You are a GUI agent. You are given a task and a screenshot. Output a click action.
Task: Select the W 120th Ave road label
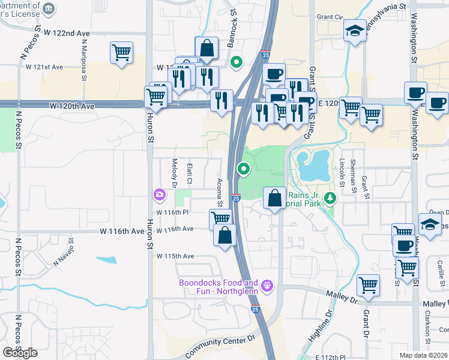(72, 106)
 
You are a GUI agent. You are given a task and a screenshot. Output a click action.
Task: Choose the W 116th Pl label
(173, 212)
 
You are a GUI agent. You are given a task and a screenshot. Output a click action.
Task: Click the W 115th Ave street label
(175, 256)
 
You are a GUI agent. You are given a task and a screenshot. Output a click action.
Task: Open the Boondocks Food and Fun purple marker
(268, 284)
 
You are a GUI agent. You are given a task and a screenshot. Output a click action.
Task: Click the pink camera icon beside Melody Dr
(159, 194)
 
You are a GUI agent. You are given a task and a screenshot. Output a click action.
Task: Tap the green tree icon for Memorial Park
(330, 197)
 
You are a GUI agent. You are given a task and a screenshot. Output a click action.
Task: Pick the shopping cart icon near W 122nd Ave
(121, 52)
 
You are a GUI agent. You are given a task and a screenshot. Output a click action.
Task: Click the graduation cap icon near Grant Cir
(355, 31)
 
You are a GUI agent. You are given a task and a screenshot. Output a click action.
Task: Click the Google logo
(20, 353)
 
